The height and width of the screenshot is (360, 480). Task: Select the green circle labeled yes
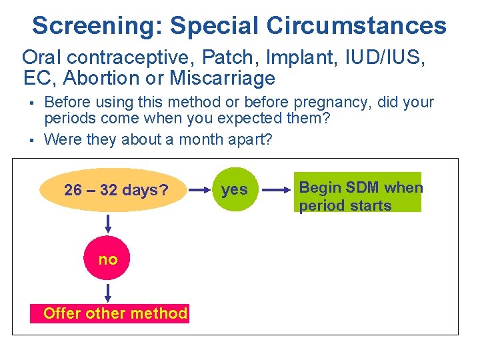(x=234, y=190)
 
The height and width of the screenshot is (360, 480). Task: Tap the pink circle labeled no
(x=107, y=259)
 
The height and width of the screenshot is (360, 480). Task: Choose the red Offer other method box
(x=115, y=313)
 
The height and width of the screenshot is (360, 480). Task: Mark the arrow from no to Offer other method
(x=107, y=292)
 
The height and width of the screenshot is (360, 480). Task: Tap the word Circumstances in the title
(x=357, y=26)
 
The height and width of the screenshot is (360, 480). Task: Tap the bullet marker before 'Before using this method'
(x=31, y=103)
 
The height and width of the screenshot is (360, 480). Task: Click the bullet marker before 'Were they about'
(x=31, y=140)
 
